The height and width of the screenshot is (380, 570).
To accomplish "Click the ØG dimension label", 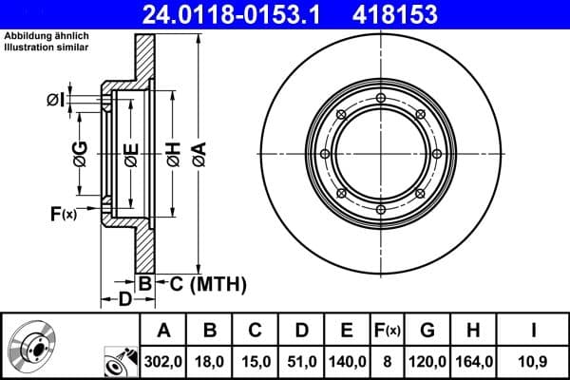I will pyautogui.click(x=80, y=152).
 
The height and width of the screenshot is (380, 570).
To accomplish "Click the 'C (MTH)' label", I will pyautogui.click(x=207, y=283).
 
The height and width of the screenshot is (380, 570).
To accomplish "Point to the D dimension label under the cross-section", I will pyautogui.click(x=123, y=301).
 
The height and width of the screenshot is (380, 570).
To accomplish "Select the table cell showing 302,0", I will pyautogui.click(x=164, y=361).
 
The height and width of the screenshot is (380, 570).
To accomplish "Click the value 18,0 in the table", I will pyautogui.click(x=211, y=361).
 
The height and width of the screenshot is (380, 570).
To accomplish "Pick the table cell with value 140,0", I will pyautogui.click(x=348, y=361).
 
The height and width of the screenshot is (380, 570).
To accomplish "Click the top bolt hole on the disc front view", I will pyautogui.click(x=380, y=98).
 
